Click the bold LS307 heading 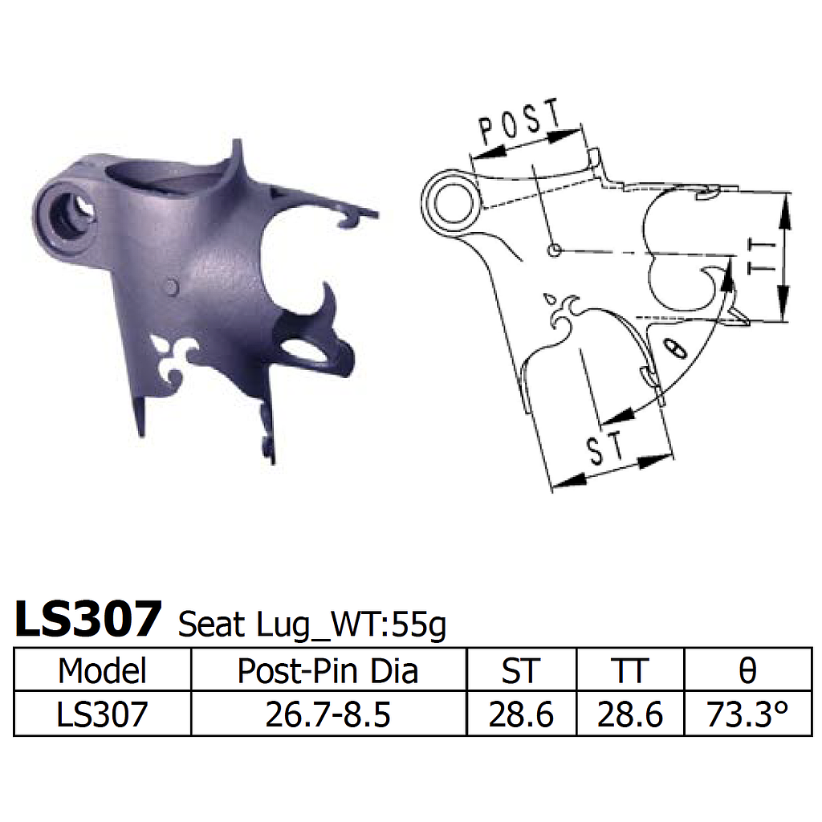(x=88, y=619)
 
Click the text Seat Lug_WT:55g (x=311, y=624)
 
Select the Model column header (x=103, y=670)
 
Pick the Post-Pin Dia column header (x=328, y=670)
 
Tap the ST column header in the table (x=521, y=670)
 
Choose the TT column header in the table (x=629, y=670)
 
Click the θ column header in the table (x=747, y=670)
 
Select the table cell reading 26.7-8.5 (x=328, y=714)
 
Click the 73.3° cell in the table (x=747, y=714)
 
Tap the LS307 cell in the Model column (x=103, y=714)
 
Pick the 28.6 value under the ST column (x=521, y=714)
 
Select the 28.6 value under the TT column (x=629, y=714)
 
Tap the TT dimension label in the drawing (x=759, y=257)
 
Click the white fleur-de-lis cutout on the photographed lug (x=177, y=359)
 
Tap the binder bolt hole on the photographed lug (x=68, y=214)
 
